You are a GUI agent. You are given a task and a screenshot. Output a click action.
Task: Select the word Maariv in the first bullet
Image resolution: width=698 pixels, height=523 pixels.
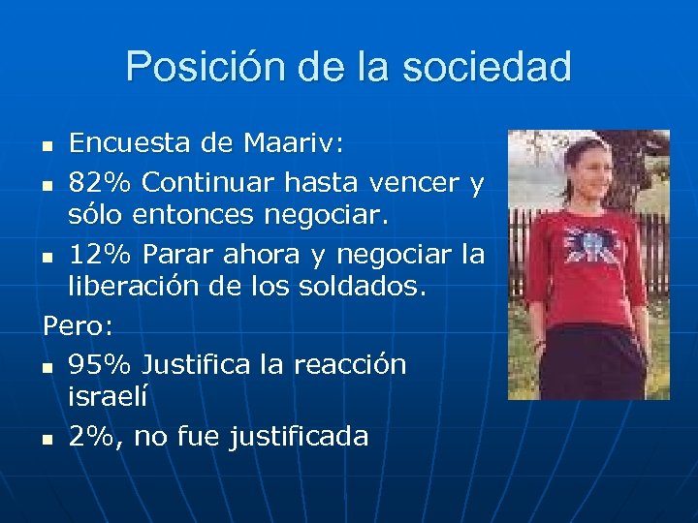(x=283, y=144)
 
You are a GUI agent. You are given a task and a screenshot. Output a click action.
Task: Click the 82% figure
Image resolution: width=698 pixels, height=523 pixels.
(x=100, y=181)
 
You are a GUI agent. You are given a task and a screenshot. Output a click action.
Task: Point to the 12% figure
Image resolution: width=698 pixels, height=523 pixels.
(x=100, y=256)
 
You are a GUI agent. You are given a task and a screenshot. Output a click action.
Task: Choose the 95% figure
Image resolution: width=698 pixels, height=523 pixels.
(x=100, y=365)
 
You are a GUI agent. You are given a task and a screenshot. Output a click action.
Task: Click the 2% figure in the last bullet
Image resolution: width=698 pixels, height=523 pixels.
(x=93, y=437)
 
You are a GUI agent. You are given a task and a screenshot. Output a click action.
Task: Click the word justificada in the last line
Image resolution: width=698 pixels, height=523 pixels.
(x=299, y=438)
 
